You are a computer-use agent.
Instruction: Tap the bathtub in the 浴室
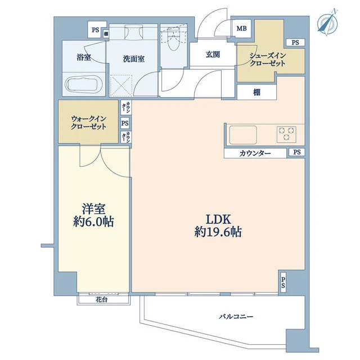84,84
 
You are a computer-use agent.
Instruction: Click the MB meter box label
242,29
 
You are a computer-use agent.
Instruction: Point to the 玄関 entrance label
213,55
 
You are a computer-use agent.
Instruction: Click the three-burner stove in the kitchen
286,134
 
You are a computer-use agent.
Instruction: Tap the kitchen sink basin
243,135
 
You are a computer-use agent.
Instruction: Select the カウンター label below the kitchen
255,153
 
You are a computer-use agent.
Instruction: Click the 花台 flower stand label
101,300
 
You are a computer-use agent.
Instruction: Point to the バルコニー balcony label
236,317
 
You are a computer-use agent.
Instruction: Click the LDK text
218,219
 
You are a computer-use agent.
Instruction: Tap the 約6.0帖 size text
93,222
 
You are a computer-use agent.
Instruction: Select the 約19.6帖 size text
218,232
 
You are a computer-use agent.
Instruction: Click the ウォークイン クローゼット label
88,123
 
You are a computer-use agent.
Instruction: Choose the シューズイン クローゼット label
268,60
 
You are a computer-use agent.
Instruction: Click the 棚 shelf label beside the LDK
256,92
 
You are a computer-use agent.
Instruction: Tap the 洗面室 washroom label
134,59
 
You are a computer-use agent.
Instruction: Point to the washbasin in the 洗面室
133,33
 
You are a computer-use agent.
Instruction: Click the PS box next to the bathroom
95,30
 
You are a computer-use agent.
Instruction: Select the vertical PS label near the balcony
283,282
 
